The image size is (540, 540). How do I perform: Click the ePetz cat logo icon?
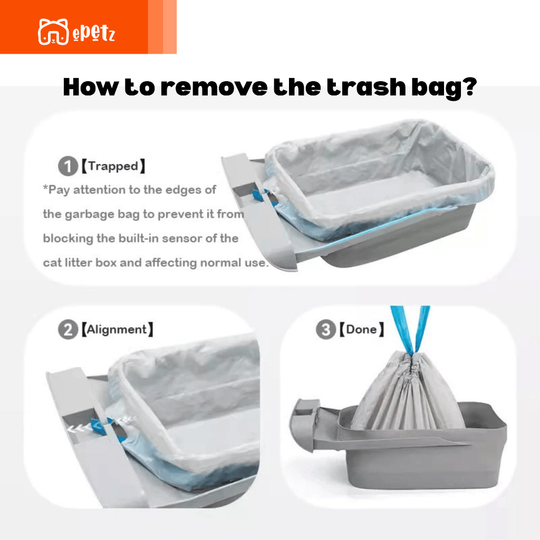53,32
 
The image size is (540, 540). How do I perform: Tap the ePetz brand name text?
94,33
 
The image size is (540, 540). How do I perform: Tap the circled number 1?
68,166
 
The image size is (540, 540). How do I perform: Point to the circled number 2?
68,330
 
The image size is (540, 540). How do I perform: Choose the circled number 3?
325,329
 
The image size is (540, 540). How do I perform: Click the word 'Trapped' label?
113,166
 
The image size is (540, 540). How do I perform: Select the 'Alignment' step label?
117,330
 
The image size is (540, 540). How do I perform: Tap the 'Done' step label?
361,329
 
